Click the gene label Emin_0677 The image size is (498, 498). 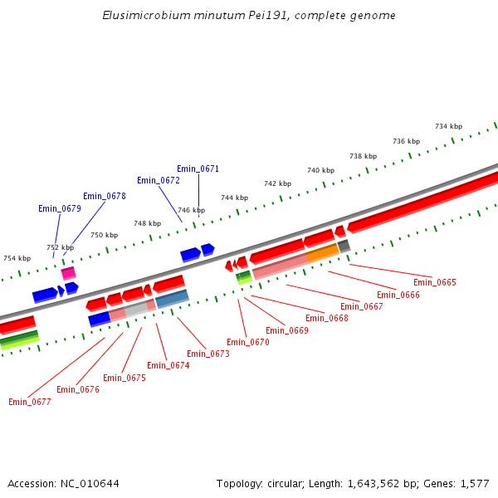(x=30, y=402)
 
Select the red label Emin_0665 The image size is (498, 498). (x=435, y=282)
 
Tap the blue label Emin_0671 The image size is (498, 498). (x=198, y=168)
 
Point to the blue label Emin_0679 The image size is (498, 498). (x=60, y=208)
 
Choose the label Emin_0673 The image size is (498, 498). (x=208, y=354)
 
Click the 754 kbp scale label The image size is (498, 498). (x=17, y=258)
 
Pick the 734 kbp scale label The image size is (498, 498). (x=448, y=126)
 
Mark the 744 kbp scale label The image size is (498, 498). (x=234, y=198)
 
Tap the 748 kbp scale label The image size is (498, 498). (x=147, y=223)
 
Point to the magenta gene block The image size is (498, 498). (x=69, y=272)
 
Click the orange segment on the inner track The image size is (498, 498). (x=322, y=252)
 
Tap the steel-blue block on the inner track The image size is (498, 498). (x=172, y=298)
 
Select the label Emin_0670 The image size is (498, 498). (x=248, y=342)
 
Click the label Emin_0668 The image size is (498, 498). (x=327, y=318)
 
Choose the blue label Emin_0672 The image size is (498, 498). (x=159, y=180)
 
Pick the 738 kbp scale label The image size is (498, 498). (x=363, y=156)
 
